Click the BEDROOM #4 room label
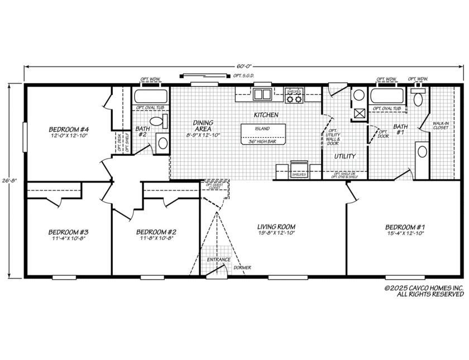[70, 131]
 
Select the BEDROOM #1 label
[405, 227]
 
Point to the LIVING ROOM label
[276, 227]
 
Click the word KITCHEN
[266, 115]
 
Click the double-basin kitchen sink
[262, 94]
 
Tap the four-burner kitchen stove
[294, 99]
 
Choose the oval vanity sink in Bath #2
[162, 142]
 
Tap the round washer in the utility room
[357, 95]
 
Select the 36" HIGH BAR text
[262, 141]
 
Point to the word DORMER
[242, 268]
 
